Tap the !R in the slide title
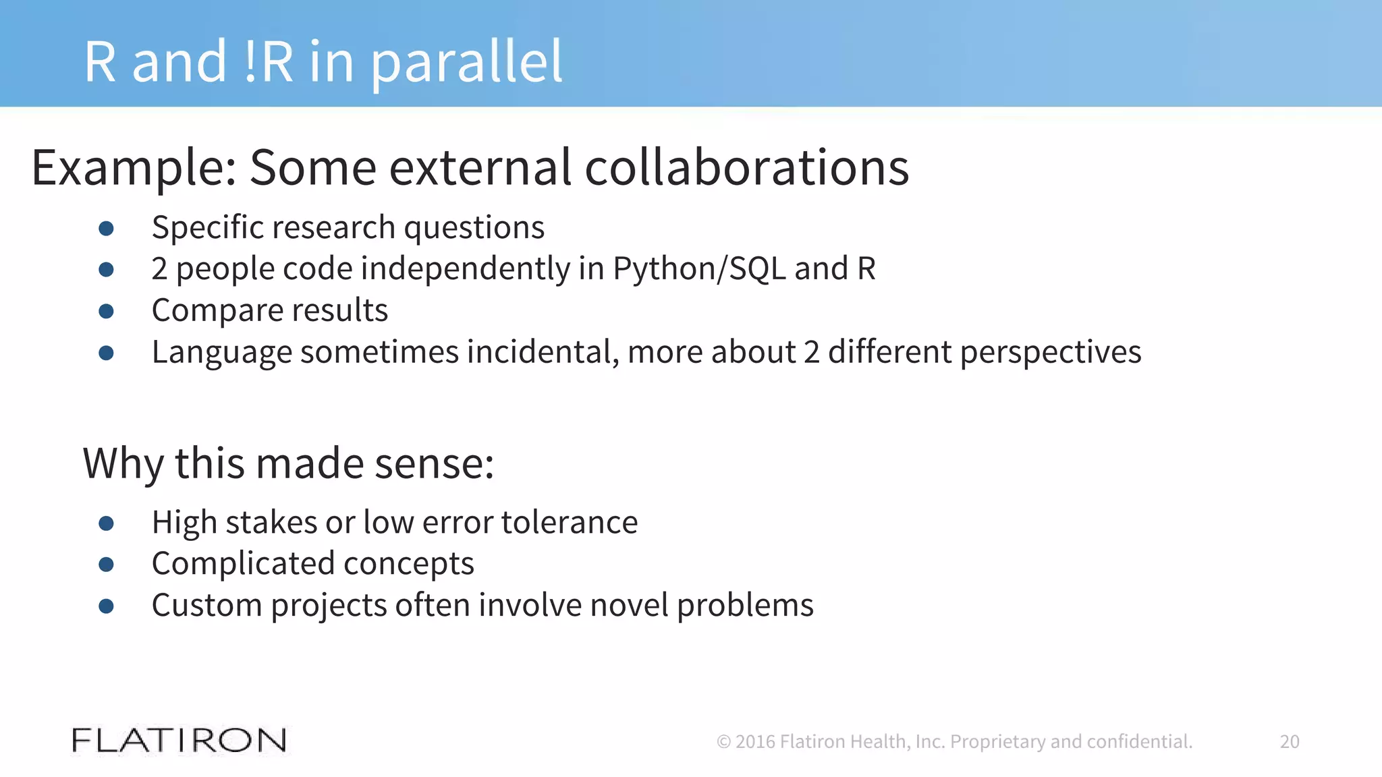tap(269, 62)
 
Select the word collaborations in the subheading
tap(746, 167)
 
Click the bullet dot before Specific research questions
tap(106, 228)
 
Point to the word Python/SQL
tap(699, 268)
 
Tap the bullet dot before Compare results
tap(106, 311)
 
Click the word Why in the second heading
tap(123, 464)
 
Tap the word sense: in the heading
tap(435, 464)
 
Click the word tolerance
tap(569, 523)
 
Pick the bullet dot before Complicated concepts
tap(106, 565)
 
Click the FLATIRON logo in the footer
tap(179, 741)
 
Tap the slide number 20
tap(1289, 742)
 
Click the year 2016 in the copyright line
tap(755, 742)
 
